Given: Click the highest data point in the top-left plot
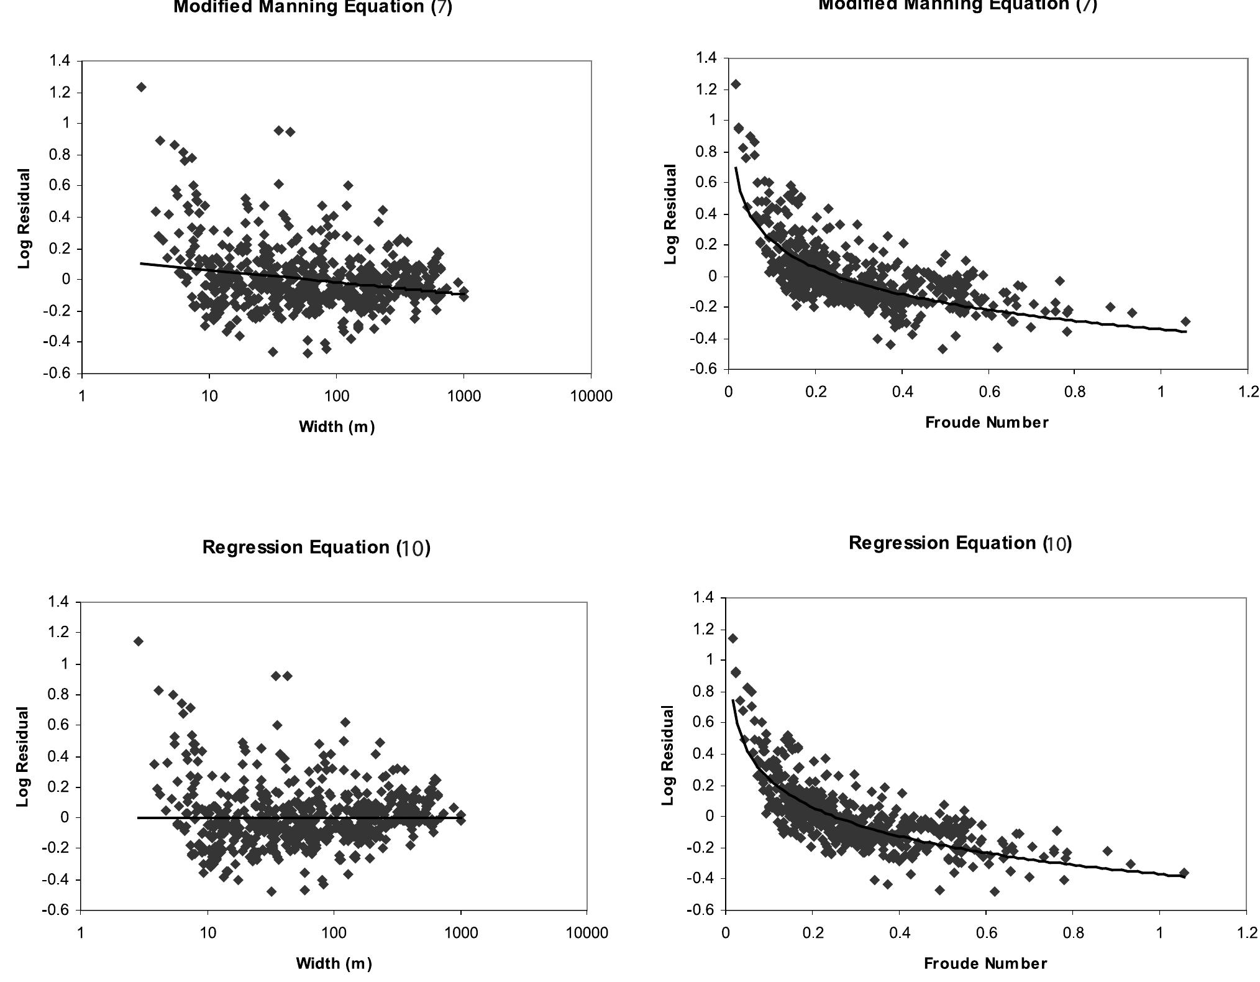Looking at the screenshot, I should click(x=141, y=87).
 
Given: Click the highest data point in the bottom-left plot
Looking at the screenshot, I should click(x=138, y=641).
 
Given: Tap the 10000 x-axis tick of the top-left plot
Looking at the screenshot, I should click(x=591, y=397).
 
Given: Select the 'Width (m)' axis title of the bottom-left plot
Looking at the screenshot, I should click(x=334, y=963).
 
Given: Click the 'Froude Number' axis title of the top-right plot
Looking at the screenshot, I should click(x=987, y=423).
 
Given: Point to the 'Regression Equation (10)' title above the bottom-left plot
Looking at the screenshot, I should click(x=316, y=548).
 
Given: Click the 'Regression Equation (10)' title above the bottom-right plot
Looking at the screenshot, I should click(x=960, y=543).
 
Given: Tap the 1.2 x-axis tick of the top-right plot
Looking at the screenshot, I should click(x=1247, y=392).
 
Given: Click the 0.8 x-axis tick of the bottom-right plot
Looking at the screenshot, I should click(x=1073, y=933).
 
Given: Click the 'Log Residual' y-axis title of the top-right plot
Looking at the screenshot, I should click(x=670, y=214).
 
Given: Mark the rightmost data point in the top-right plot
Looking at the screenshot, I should click(x=1185, y=321).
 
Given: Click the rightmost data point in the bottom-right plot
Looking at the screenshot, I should click(x=1184, y=873).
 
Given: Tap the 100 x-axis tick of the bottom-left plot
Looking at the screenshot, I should click(x=334, y=933).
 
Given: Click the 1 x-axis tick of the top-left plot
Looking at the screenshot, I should click(x=81, y=397).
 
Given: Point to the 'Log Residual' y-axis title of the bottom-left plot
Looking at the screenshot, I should click(x=23, y=756).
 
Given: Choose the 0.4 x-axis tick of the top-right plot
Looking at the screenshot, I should click(x=902, y=392).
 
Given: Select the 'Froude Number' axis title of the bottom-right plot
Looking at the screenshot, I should click(x=985, y=964).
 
